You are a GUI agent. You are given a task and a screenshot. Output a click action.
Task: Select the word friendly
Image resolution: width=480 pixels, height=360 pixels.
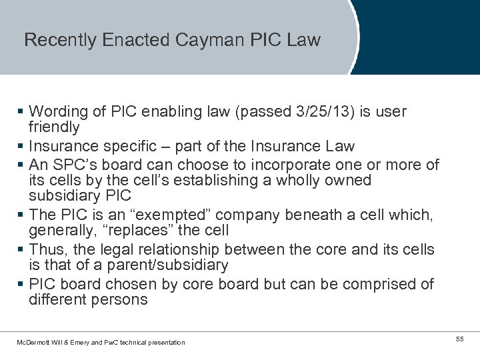click(x=54, y=127)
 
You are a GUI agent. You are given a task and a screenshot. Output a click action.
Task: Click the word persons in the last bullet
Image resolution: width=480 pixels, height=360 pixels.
click(x=121, y=300)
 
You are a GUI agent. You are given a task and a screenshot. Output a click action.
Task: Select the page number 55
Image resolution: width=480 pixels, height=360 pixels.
click(x=459, y=340)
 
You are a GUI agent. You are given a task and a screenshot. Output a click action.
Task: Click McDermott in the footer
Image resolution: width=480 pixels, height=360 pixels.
click(x=34, y=343)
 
